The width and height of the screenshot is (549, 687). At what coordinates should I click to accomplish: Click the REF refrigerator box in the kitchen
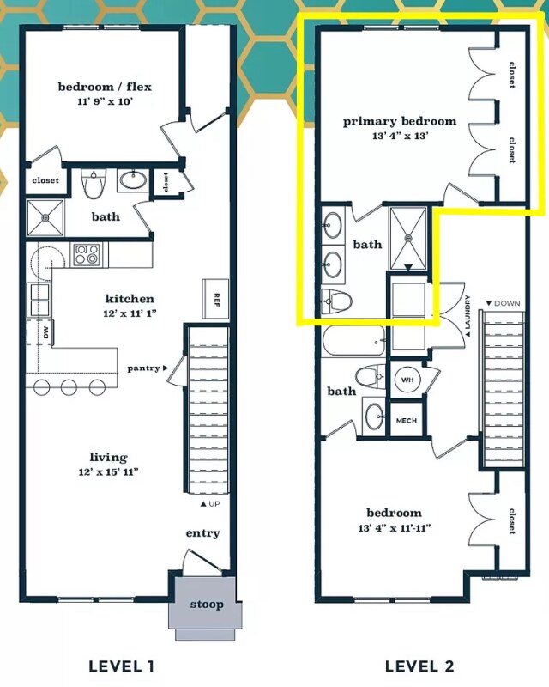215,298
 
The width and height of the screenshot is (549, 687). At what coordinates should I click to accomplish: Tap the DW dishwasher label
46,332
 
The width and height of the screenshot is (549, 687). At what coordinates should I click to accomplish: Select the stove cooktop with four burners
87,254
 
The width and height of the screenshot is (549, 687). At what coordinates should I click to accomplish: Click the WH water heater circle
407,380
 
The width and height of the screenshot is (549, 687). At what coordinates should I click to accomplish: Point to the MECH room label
407,421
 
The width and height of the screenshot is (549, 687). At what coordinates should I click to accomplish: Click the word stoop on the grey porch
207,605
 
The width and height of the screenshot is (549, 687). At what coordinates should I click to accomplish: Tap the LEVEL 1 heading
121,666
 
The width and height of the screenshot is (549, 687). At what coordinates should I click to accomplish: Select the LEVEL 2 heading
419,666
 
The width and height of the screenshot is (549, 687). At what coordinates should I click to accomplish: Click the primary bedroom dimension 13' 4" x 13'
400,136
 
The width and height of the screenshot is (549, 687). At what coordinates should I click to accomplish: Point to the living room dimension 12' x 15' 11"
109,471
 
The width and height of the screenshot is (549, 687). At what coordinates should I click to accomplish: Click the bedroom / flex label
105,87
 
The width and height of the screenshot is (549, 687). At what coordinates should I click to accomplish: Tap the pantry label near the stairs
143,368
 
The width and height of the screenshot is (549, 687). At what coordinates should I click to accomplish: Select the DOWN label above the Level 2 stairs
503,303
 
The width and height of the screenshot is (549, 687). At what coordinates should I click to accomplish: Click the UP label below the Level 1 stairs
210,504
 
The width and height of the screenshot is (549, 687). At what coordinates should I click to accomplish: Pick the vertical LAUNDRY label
468,315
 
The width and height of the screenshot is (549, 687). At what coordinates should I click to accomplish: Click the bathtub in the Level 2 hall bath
354,341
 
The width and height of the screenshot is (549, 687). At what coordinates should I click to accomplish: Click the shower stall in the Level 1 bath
45,217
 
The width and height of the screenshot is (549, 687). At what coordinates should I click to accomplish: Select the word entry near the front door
202,533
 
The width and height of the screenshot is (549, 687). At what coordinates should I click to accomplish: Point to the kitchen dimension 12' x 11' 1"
130,313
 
